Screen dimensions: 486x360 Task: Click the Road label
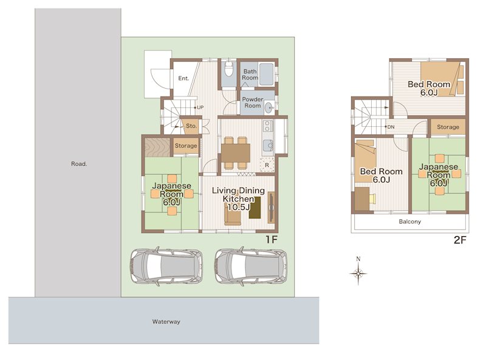click(79, 164)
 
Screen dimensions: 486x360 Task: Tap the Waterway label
click(166, 322)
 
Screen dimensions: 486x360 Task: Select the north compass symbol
click(358, 271)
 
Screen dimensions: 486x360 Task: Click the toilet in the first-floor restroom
click(229, 69)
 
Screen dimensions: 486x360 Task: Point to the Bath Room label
click(250, 75)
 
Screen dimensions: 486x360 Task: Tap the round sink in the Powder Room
click(269, 109)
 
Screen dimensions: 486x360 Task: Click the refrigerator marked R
click(267, 165)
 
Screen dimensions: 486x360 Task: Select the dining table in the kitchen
click(236, 153)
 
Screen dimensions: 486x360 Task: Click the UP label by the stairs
click(200, 107)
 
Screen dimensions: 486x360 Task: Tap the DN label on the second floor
click(391, 127)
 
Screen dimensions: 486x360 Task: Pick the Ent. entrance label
click(183, 78)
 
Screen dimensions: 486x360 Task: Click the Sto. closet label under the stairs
click(191, 126)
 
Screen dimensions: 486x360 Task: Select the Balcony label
click(409, 222)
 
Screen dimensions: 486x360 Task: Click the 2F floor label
click(460, 240)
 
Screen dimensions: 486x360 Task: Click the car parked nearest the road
click(166, 267)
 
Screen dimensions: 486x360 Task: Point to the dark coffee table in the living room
click(255, 208)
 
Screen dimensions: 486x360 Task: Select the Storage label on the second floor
click(448, 127)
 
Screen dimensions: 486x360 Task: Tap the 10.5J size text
click(239, 207)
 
